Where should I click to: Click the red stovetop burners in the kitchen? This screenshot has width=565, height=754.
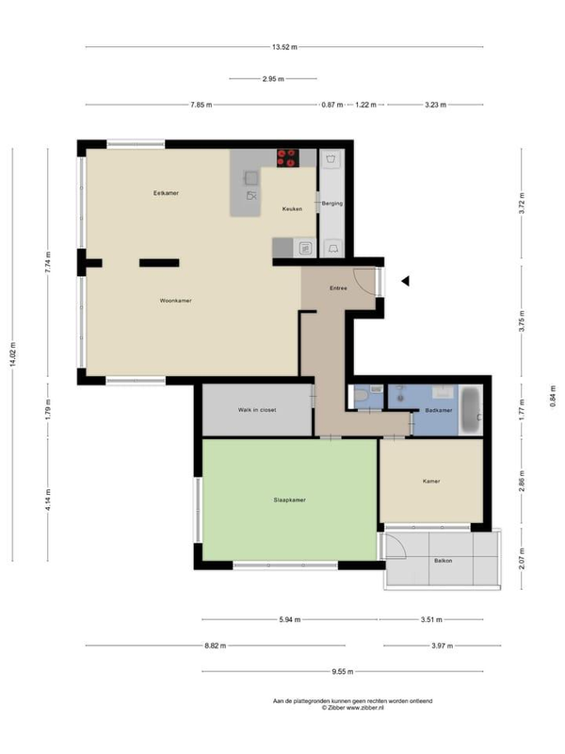pos(288,158)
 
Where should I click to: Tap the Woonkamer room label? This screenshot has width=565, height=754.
pos(176,301)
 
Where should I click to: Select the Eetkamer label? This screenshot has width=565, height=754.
pos(166,193)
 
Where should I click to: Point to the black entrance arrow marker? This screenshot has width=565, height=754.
pos(406,281)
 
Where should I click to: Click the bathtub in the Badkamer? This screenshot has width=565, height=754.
pos(471,410)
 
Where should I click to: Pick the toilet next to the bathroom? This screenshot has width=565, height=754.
pos(361,397)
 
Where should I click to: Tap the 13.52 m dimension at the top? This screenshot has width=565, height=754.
pos(284,47)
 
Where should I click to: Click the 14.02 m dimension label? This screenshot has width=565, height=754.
pos(12,355)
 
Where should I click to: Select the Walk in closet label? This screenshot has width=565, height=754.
pos(257,410)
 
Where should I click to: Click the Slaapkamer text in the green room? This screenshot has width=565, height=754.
pos(290,500)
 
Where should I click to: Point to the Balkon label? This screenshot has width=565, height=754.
pos(443,561)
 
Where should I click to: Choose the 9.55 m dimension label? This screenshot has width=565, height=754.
pos(343,672)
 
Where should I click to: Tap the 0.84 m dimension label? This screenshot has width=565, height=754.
pos(553,397)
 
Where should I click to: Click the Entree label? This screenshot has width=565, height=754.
pos(338,288)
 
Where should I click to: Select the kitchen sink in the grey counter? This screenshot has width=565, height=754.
pos(251,178)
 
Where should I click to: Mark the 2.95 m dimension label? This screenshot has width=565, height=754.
pos(273,79)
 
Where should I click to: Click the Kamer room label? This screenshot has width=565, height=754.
pos(431,482)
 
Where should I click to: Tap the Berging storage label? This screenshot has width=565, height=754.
pos(332,204)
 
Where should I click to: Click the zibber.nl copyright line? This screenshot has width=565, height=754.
pos(352,708)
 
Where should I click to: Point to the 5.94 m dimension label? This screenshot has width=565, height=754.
pos(290,620)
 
